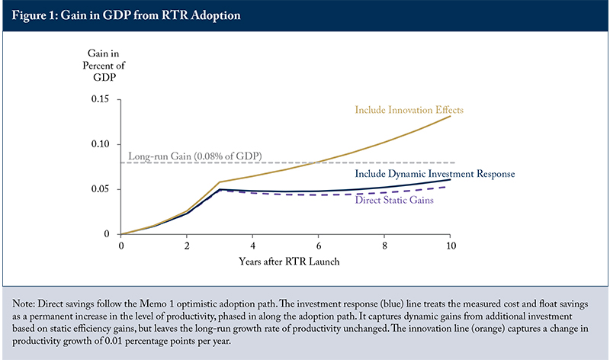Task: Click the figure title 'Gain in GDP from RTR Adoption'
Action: click(x=151, y=15)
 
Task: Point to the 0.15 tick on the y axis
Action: click(x=100, y=99)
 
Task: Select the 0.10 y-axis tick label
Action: click(x=100, y=144)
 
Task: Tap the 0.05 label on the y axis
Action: click(x=100, y=189)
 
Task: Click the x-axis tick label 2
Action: click(x=187, y=246)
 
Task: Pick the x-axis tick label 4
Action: click(x=252, y=246)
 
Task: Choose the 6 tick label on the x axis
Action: click(x=319, y=246)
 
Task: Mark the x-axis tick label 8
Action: click(x=384, y=246)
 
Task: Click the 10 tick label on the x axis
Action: click(x=451, y=246)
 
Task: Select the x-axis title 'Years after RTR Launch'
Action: click(x=289, y=262)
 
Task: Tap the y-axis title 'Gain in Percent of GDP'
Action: click(x=104, y=65)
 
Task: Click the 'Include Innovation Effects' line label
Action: click(x=409, y=110)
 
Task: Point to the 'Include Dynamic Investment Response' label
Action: click(x=435, y=174)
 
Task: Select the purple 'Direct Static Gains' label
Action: click(x=394, y=200)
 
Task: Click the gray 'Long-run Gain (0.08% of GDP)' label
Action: click(x=195, y=156)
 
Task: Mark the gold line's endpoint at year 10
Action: click(x=450, y=116)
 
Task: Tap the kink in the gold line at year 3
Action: click(x=220, y=182)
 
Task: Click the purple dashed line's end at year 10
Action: click(x=446, y=187)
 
